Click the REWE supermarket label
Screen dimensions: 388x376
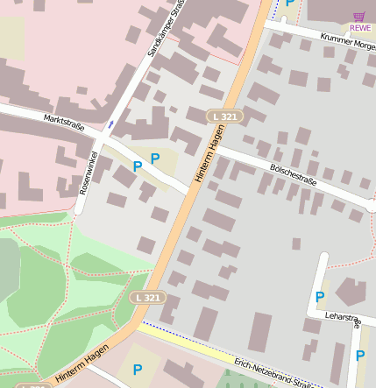359,28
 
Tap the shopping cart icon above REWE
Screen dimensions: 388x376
359,16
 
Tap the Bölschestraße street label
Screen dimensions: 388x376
293,173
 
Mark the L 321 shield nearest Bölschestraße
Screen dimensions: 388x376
223,116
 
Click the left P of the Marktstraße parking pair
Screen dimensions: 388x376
137,166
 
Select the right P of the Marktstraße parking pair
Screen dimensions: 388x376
155,159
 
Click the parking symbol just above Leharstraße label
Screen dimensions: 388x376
320,297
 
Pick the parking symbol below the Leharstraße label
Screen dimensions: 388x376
359,356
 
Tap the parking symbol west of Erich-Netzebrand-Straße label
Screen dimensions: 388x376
137,370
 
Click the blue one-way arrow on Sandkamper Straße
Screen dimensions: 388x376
110,124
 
